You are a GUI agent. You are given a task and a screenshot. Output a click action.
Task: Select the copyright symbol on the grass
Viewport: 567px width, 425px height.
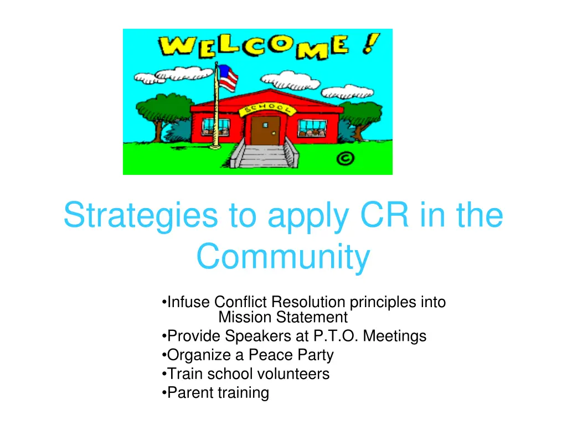[345, 159]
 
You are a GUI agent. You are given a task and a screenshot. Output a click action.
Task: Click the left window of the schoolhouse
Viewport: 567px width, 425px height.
[215, 128]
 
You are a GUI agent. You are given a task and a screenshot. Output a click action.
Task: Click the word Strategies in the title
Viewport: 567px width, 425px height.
[141, 216]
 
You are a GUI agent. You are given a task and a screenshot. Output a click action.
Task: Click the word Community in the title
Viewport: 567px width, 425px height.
[283, 257]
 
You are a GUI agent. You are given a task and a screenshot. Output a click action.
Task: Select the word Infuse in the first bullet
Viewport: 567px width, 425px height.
[189, 302]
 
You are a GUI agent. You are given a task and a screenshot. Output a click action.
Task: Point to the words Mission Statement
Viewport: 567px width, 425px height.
[283, 317]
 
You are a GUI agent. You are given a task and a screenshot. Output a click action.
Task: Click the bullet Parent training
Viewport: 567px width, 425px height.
[218, 393]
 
